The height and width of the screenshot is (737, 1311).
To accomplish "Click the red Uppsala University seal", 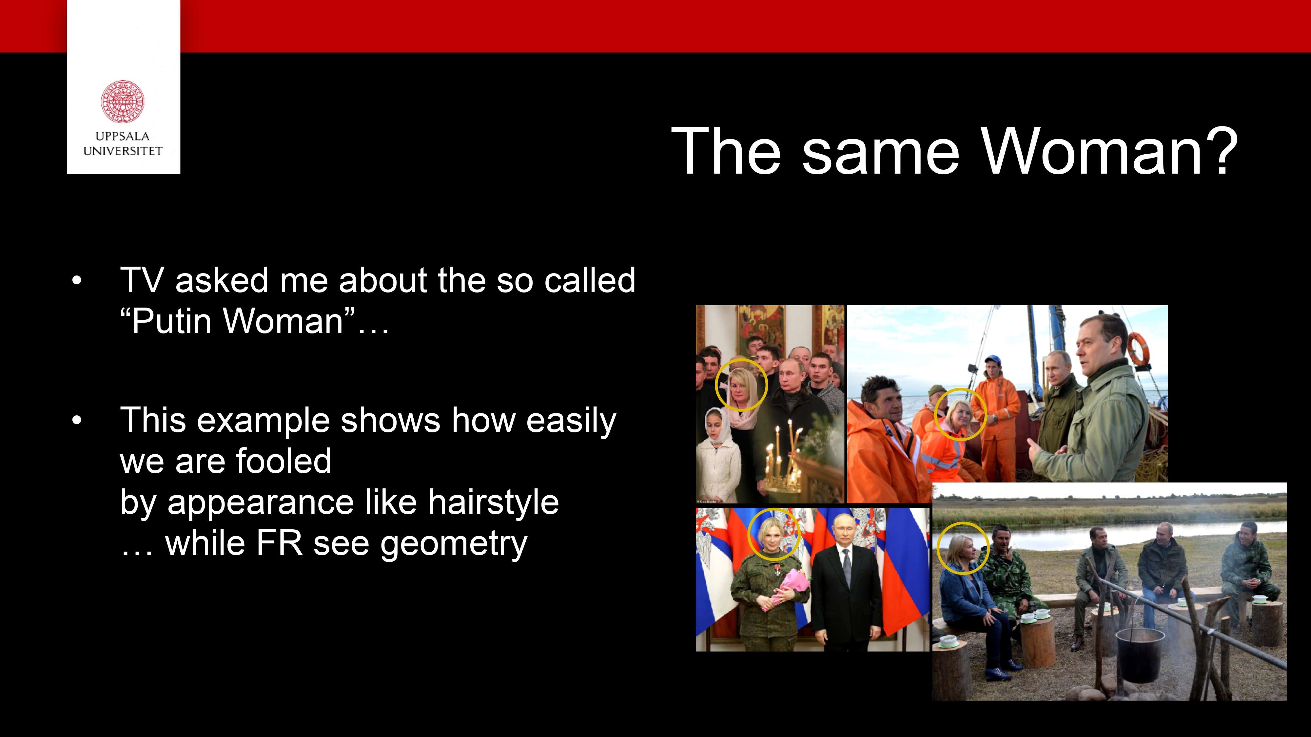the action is click(123, 101).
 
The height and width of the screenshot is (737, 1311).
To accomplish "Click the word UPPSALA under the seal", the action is click(123, 136).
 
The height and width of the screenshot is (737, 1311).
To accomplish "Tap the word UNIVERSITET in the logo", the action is click(123, 151).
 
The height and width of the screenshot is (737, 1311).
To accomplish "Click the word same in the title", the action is click(880, 157).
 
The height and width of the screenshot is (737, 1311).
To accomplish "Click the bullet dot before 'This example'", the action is click(77, 421).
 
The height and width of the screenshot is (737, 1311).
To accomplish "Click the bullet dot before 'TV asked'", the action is click(77, 280).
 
